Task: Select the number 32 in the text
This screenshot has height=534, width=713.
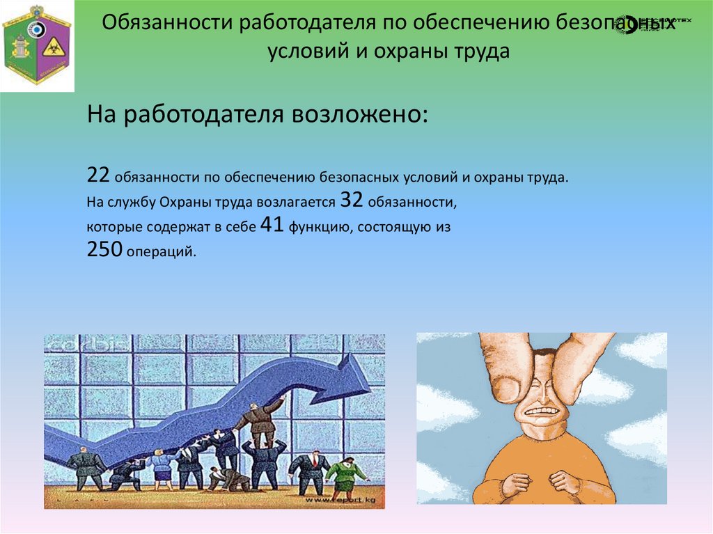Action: click(x=352, y=201)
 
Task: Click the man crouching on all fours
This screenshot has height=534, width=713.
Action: click(x=228, y=478)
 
